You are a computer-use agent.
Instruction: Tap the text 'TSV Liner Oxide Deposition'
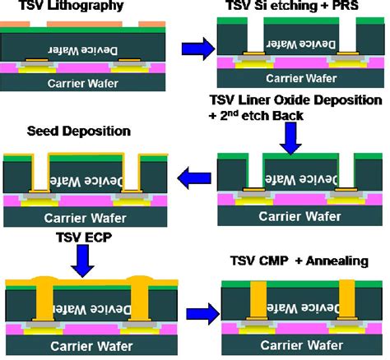pos(298,100)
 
